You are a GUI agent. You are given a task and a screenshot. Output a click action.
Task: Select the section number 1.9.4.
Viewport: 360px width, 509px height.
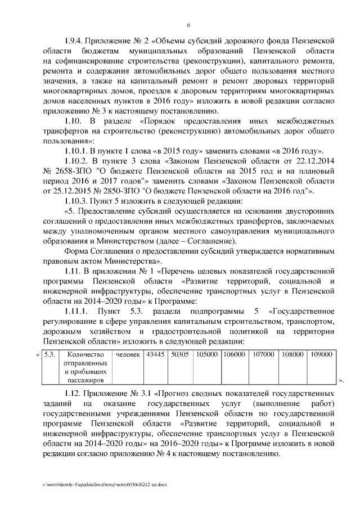point(74,40)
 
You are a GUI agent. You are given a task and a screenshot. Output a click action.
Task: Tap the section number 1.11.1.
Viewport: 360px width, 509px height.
point(76,311)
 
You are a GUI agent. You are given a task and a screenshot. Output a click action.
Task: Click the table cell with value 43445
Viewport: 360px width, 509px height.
point(155,355)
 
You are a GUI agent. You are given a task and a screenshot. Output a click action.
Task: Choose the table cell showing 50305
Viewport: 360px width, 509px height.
point(180,355)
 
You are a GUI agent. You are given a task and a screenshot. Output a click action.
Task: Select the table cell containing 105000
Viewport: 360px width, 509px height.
point(206,355)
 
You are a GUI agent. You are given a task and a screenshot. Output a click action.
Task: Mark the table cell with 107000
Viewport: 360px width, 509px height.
point(263,355)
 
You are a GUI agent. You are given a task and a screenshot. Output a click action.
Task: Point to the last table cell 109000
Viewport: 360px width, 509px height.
point(321,355)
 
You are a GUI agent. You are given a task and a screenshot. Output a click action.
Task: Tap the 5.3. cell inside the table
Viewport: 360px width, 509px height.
point(49,355)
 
